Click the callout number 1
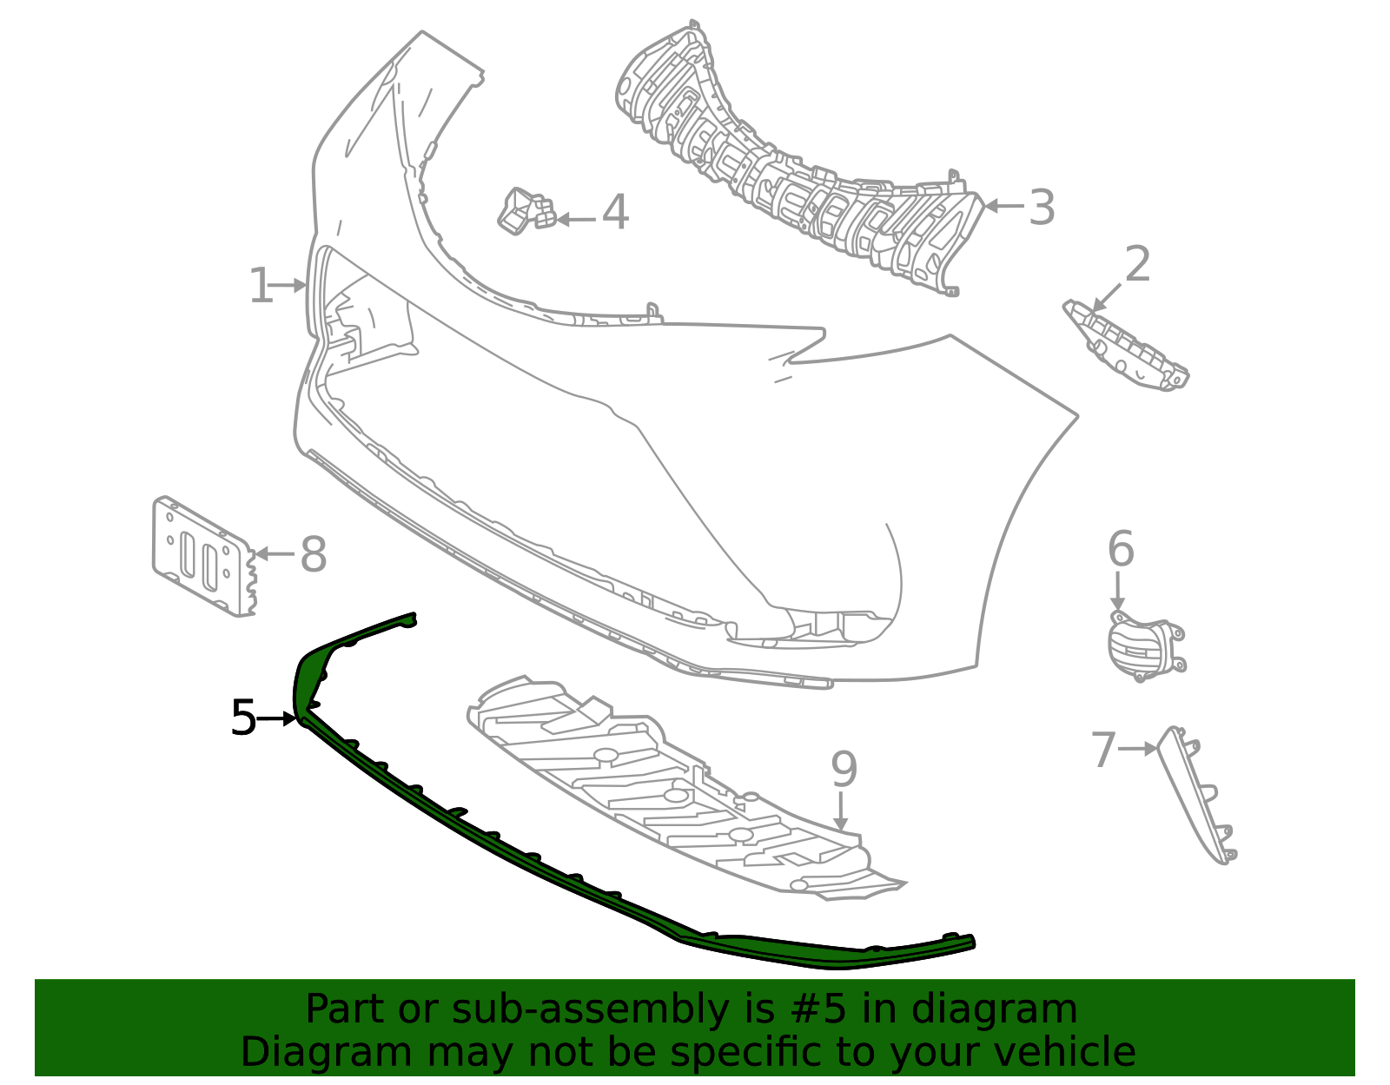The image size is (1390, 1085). (261, 286)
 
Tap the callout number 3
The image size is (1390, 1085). (1041, 207)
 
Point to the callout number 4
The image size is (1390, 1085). (615, 212)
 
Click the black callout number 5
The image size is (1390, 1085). (243, 718)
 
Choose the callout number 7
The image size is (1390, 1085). (1103, 750)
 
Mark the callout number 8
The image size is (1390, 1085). (314, 553)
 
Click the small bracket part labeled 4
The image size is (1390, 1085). (526, 212)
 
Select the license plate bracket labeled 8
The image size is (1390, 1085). (203, 556)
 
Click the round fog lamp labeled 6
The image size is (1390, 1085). (1145, 645)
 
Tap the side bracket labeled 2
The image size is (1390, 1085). (1126, 345)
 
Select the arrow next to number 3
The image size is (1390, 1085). (1004, 206)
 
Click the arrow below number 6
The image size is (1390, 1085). (1117, 591)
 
